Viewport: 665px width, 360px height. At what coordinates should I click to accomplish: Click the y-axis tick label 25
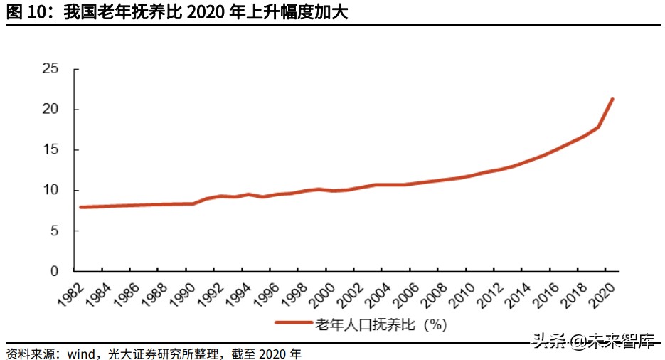point(50,69)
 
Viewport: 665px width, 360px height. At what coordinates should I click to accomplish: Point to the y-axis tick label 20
point(50,110)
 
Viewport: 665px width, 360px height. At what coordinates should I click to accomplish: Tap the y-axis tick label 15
point(50,150)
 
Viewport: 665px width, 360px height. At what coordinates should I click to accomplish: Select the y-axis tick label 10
point(50,191)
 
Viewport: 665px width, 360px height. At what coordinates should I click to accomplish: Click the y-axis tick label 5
point(54,231)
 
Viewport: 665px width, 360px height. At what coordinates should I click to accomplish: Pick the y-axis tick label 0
point(54,272)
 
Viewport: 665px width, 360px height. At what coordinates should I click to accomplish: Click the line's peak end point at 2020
point(612,99)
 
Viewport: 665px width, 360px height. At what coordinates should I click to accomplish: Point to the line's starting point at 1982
point(82,207)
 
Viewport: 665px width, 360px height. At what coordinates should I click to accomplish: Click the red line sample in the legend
point(294,324)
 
